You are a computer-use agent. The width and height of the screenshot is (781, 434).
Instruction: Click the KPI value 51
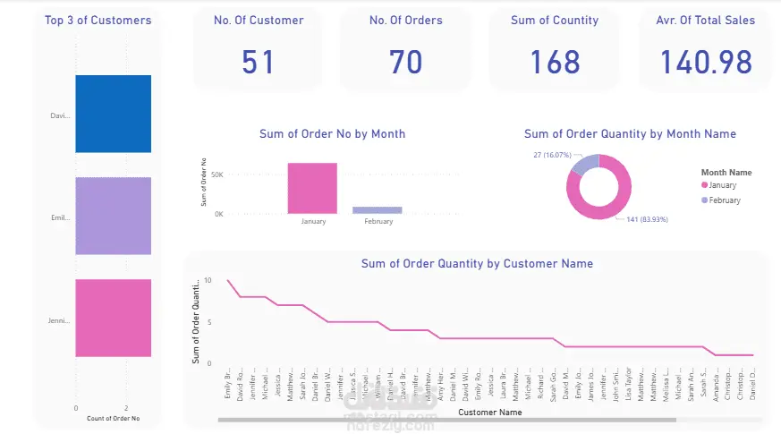pos(259,62)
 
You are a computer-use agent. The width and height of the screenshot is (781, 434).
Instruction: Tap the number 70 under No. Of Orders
pos(405,62)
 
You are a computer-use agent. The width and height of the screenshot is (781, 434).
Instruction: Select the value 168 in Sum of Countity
pos(555,62)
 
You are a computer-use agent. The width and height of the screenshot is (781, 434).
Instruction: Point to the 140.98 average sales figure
pos(706,62)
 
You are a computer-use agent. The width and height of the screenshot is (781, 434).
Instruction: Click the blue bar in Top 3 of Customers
pos(113,114)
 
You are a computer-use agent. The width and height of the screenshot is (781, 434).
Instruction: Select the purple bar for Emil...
pos(113,216)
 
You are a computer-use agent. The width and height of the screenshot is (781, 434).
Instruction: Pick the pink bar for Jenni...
pos(113,318)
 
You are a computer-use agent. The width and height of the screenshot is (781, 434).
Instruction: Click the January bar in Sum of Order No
pos(312,188)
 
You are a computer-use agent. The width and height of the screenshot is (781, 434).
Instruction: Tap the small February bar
pos(377,210)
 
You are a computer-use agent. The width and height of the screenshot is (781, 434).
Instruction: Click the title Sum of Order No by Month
pos(332,134)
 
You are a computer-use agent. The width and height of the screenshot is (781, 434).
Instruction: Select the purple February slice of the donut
pos(584,164)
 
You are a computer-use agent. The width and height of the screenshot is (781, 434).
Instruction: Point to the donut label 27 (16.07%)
pos(552,155)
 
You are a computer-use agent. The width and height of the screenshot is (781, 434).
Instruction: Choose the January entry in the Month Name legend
pos(722,185)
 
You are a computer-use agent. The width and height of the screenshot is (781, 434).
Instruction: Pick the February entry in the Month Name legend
pos(724,200)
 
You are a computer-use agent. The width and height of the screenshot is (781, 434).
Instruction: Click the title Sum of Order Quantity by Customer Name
pos(477,264)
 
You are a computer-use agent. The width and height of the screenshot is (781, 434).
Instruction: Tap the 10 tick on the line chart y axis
pos(208,280)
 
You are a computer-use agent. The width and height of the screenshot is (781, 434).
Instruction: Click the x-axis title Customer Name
pos(489,413)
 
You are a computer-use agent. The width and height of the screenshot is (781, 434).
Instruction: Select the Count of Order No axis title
pos(113,419)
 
